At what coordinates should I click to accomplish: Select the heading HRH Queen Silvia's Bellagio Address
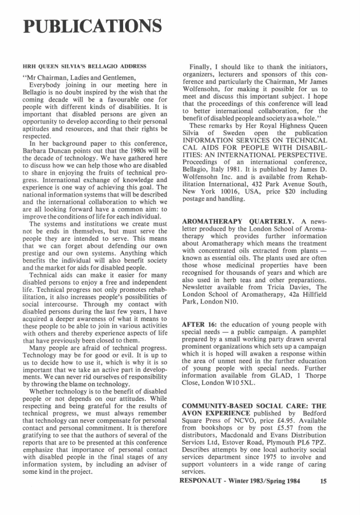85,67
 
